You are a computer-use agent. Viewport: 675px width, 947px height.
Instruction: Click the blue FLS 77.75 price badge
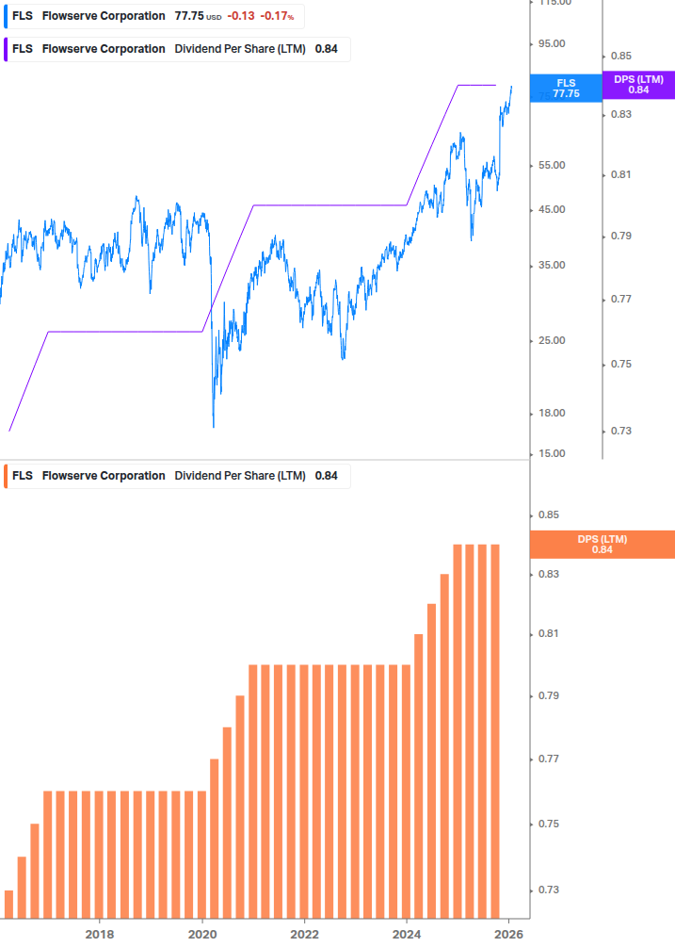click(x=566, y=89)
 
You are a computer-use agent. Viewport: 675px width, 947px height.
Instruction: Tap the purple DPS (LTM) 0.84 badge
click(x=638, y=85)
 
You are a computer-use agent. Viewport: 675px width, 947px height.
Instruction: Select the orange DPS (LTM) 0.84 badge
click(x=603, y=545)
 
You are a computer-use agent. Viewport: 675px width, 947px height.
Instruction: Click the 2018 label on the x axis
click(x=100, y=935)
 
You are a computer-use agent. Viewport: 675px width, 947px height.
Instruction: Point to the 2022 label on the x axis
click(x=304, y=935)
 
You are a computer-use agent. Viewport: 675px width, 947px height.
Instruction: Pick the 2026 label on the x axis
click(x=508, y=935)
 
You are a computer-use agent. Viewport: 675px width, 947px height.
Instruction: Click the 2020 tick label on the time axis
click(x=202, y=935)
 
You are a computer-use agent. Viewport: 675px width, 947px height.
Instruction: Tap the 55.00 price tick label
click(x=551, y=166)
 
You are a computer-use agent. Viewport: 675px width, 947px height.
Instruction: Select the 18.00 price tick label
click(x=551, y=414)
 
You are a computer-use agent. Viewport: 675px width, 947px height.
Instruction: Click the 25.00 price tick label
click(x=551, y=340)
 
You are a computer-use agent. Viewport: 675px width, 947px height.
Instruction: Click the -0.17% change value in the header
click(x=277, y=17)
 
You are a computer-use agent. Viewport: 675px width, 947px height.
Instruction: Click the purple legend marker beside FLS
click(x=8, y=49)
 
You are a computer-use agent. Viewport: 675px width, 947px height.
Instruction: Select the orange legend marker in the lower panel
click(x=8, y=476)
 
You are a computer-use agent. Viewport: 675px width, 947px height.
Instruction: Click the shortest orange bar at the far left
click(x=9, y=904)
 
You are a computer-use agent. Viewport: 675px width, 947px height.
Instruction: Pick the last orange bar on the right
click(x=495, y=730)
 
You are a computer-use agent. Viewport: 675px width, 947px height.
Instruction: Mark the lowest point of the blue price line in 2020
click(x=214, y=426)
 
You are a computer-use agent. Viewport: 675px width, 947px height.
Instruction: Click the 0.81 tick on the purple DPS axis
click(x=619, y=175)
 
